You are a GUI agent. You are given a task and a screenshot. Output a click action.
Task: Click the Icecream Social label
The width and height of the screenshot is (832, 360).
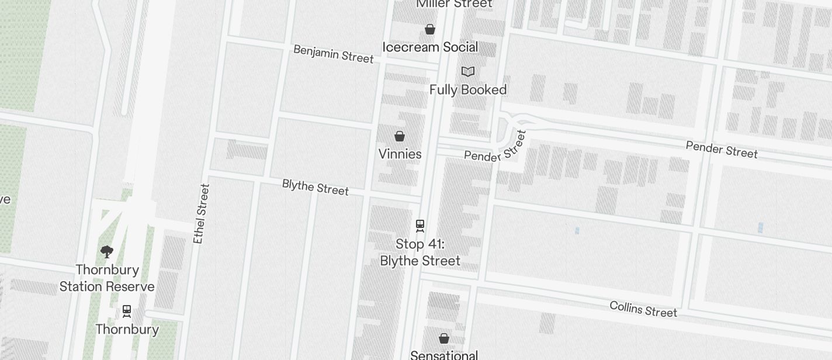(x=430, y=47)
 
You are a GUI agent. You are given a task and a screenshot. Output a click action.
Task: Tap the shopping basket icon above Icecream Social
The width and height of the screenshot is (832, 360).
(x=430, y=29)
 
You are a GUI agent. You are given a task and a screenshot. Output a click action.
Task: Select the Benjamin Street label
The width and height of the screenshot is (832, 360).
(x=333, y=54)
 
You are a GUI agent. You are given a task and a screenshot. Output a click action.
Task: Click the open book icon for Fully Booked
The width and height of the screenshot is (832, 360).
(x=468, y=71)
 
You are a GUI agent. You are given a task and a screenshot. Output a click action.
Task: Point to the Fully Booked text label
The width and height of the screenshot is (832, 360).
(x=468, y=89)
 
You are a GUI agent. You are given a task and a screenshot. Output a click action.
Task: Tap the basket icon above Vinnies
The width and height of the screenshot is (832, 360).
(x=400, y=136)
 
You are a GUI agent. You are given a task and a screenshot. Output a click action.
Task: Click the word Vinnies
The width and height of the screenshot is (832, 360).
(x=400, y=154)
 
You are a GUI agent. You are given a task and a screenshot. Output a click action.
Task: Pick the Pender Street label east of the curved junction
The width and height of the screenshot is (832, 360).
(x=722, y=150)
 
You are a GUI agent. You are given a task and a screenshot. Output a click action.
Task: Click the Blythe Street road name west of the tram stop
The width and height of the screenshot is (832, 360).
(x=315, y=187)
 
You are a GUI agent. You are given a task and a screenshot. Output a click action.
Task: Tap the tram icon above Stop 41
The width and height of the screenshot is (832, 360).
(x=420, y=225)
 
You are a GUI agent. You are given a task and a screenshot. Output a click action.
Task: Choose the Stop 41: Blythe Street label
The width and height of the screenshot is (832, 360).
(x=420, y=252)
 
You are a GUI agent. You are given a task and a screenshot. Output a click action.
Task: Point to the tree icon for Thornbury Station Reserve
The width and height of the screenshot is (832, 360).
(x=106, y=252)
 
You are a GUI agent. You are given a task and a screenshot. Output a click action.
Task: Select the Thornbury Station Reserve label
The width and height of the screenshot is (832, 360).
(x=107, y=278)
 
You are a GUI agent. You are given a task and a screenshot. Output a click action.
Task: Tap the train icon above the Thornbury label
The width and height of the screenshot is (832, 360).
(x=127, y=310)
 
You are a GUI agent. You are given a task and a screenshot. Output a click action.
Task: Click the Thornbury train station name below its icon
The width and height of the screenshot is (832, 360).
(x=127, y=329)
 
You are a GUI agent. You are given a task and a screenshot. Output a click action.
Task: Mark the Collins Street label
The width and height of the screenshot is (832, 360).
(x=643, y=309)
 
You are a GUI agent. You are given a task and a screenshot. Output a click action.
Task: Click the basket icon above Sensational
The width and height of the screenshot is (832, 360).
(x=444, y=338)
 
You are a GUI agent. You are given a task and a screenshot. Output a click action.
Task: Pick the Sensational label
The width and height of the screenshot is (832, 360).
(x=444, y=355)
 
